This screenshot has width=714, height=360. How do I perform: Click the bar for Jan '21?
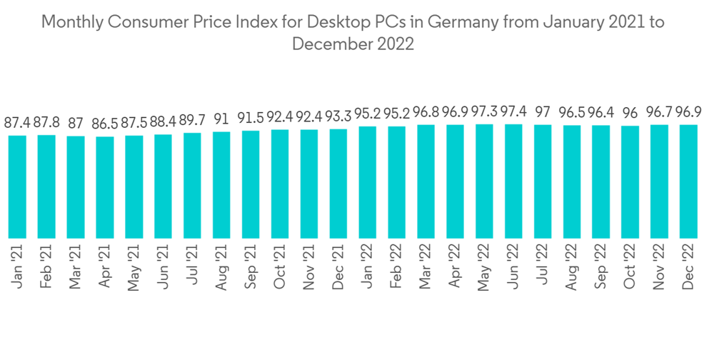[x=17, y=186]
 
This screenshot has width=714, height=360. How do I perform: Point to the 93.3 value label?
[x=338, y=116]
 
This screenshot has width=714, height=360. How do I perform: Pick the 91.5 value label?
[x=251, y=118]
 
